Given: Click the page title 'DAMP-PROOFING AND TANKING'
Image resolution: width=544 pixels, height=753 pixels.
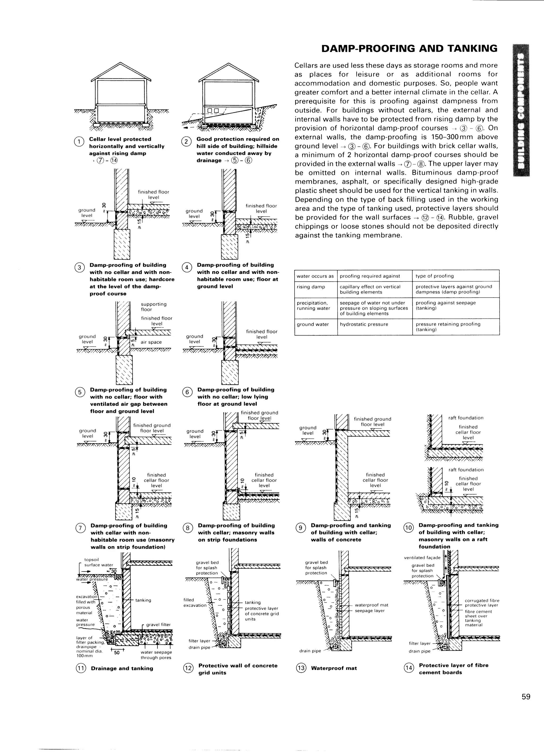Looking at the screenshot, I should point(409,49).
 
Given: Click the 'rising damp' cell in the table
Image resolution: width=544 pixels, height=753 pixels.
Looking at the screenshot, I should point(311,287).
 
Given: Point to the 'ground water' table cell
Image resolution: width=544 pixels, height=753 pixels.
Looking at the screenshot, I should point(312,324).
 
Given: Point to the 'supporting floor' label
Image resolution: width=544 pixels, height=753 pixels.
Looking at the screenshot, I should point(153,307).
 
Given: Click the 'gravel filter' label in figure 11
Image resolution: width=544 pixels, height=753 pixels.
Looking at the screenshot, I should point(158,625).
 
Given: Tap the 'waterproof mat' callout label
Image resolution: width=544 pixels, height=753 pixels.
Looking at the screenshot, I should point(371,605).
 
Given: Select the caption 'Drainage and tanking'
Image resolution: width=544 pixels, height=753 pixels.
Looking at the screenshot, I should point(122,668).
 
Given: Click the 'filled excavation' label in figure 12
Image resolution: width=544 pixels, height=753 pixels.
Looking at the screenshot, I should point(195,602).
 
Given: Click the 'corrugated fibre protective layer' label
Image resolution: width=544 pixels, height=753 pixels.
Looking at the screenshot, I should point(482,603).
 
